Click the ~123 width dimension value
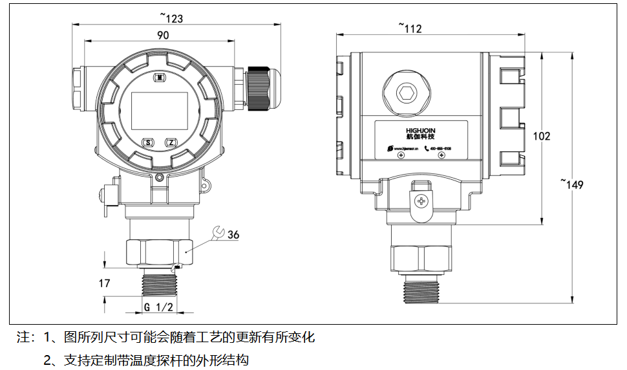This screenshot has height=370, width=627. click(171, 18)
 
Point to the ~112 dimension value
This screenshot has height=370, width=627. click(410, 28)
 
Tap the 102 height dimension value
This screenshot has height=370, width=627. click(542, 136)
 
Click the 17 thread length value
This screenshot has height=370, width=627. click(105, 283)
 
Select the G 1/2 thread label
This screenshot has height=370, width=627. click(158, 307)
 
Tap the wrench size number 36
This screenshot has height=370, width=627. click(233, 234)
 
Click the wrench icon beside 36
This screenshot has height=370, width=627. click(218, 232)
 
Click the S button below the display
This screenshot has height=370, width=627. click(147, 142)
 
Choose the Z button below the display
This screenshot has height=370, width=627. click(171, 142)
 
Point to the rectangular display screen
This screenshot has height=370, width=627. click(160, 111)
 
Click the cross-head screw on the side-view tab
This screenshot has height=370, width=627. click(423, 201)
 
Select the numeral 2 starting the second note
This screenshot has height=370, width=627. click(48, 360)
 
